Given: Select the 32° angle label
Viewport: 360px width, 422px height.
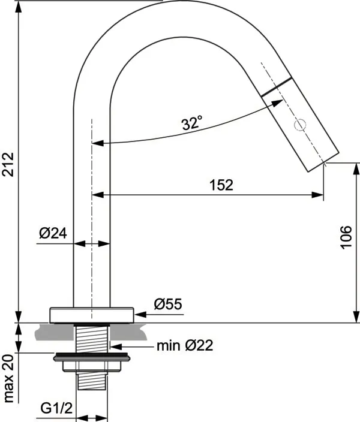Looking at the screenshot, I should click(x=192, y=123).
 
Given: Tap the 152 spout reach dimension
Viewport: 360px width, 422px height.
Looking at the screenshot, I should click(x=221, y=185).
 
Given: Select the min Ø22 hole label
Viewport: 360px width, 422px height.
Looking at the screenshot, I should click(x=184, y=345).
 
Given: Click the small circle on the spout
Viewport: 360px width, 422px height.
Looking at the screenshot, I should click(x=301, y=125).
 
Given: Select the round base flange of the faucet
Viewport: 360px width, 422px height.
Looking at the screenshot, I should click(x=91, y=315).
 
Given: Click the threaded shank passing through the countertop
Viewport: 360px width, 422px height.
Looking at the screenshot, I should click(x=91, y=338).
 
